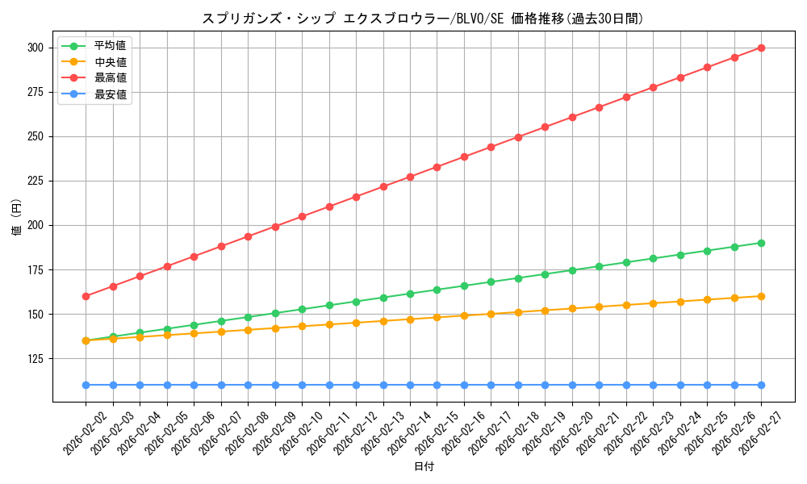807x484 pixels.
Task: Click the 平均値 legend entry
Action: pos(111,45)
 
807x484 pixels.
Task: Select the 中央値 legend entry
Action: pos(111,62)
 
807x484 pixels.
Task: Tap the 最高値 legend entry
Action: pos(111,78)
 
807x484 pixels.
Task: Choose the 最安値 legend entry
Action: pos(111,94)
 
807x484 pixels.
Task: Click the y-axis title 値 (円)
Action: pos(16,219)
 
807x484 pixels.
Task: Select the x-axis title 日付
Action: pos(424,467)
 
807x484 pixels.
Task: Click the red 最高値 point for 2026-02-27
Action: pos(761,48)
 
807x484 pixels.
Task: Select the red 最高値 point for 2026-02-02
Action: pos(86,296)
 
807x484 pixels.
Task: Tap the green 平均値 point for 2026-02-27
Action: pos(761,243)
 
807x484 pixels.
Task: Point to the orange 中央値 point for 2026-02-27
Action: pos(761,296)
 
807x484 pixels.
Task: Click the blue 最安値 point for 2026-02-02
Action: pos(86,385)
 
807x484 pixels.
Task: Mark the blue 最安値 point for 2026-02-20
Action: pos(572,385)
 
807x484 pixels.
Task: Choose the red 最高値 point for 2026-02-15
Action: pos(437,167)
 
